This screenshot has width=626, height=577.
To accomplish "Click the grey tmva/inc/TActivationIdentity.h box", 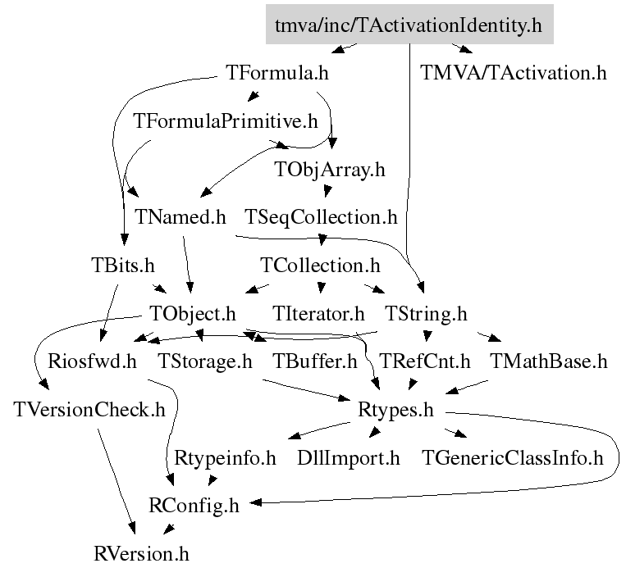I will pyautogui.click(x=409, y=25).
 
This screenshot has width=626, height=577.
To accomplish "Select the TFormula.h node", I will pyautogui.click(x=276, y=72).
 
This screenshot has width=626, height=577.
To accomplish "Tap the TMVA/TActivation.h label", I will pyautogui.click(x=514, y=72).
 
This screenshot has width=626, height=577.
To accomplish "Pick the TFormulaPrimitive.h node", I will pyautogui.click(x=225, y=121).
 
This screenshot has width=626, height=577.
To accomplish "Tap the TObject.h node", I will pyautogui.click(x=193, y=313).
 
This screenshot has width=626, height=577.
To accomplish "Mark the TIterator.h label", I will pyautogui.click(x=318, y=313).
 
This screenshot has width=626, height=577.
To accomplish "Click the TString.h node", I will pyautogui.click(x=426, y=313).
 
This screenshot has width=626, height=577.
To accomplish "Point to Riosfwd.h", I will pyautogui.click(x=92, y=361).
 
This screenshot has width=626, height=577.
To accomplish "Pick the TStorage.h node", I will pyautogui.click(x=206, y=361).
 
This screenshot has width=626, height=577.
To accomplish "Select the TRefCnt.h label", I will pyautogui.click(x=425, y=361).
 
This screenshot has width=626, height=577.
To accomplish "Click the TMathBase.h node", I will pyautogui.click(x=548, y=361).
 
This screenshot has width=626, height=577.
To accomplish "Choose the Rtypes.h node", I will pyautogui.click(x=395, y=409).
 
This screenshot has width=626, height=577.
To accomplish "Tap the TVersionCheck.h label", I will pyautogui.click(x=89, y=409).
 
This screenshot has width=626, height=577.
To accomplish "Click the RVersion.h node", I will pyautogui.click(x=141, y=553).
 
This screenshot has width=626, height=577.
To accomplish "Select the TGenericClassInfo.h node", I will pyautogui.click(x=512, y=457).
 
